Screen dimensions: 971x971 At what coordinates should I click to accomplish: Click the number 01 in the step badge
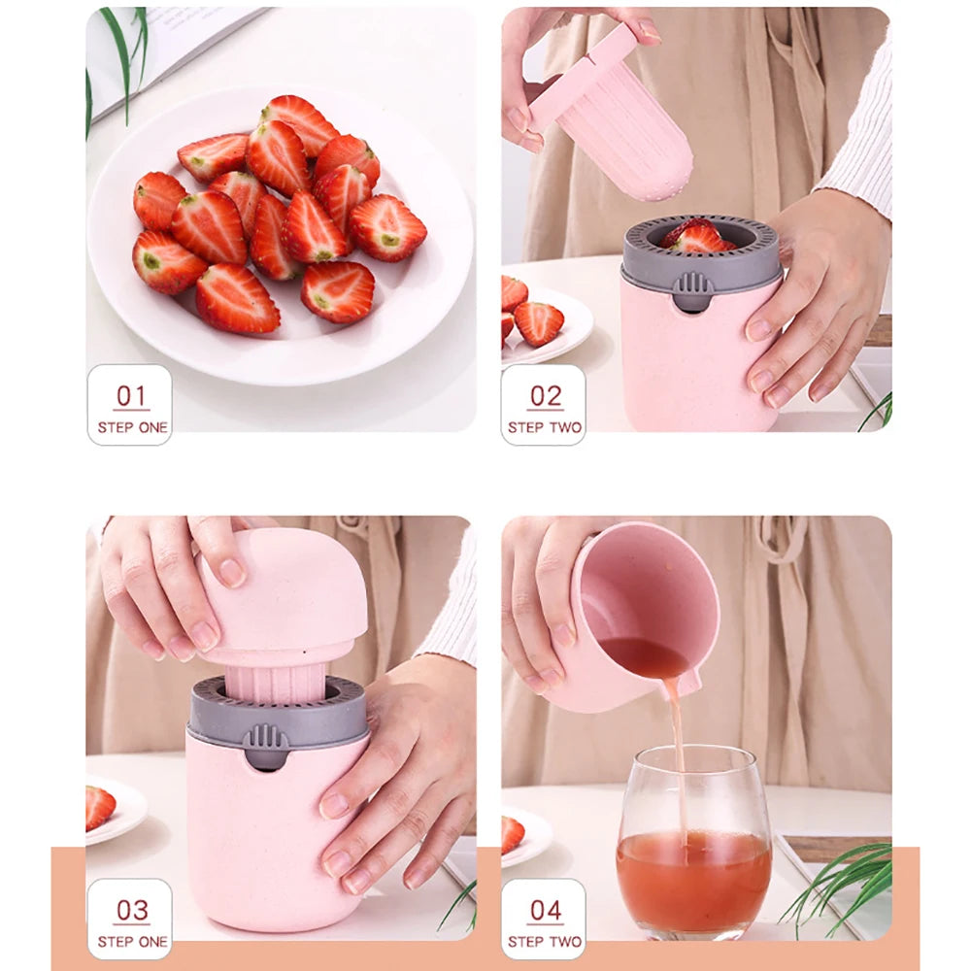tap(131, 395)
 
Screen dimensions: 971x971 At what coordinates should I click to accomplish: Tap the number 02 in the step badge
tap(545, 395)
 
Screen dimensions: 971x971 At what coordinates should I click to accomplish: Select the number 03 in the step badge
tap(131, 910)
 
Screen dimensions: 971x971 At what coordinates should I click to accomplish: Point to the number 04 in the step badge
tap(545, 910)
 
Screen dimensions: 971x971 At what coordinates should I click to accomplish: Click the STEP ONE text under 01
tap(132, 427)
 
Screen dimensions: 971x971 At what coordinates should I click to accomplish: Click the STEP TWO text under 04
tap(545, 942)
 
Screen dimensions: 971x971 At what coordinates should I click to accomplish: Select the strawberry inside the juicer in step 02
tap(696, 236)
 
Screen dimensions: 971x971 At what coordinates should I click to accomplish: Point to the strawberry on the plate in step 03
tap(99, 807)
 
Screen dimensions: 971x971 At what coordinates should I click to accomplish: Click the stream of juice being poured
tap(677, 757)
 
